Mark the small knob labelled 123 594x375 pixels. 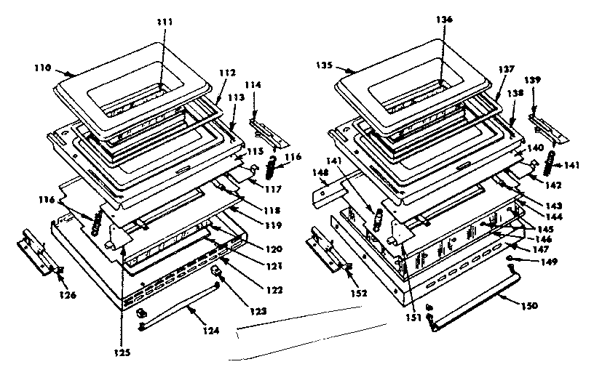click(x=216, y=272)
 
